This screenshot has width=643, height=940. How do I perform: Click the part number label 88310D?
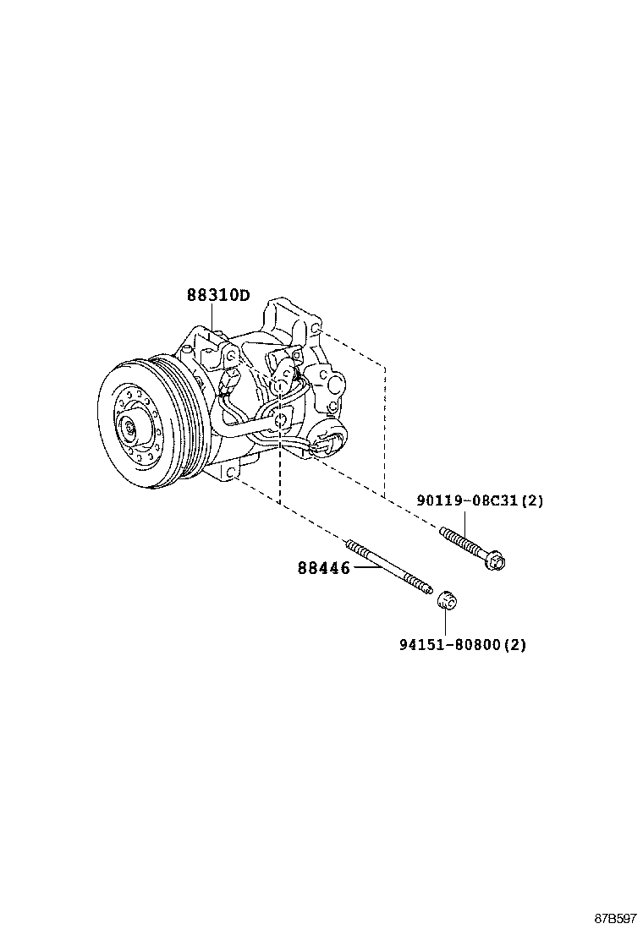pyautogui.click(x=218, y=295)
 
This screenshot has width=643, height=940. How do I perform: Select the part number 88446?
pyautogui.click(x=323, y=568)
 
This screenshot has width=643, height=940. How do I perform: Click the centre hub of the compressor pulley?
pyautogui.click(x=129, y=428)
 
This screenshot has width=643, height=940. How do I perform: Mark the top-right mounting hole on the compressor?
pyautogui.click(x=315, y=327)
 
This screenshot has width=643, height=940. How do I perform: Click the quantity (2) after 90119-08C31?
pyautogui.click(x=531, y=500)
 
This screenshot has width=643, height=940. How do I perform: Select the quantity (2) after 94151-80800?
pyautogui.click(x=514, y=645)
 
